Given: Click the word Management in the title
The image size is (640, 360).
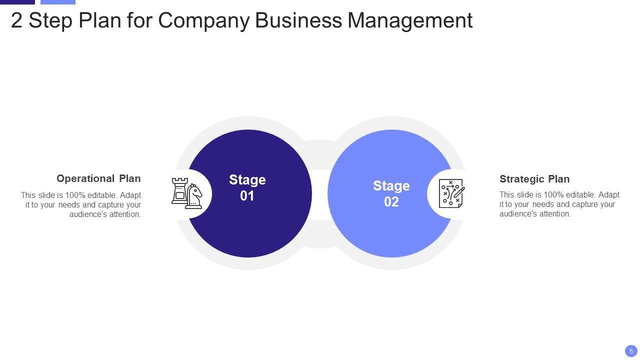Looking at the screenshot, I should click(410, 20).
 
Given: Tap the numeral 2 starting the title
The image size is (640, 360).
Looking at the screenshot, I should click(16, 21).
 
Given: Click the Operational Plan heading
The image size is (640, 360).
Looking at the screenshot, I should click(98, 178).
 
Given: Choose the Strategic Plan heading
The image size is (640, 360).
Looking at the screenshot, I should click(534, 179).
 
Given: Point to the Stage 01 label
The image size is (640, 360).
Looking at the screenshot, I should click(247, 187).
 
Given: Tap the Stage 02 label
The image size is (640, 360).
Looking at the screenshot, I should click(391, 193).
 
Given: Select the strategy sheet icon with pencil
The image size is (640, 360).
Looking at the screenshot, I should click(451, 193).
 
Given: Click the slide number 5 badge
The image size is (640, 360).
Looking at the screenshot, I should click(631, 351).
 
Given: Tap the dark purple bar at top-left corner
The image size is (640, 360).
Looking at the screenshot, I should click(17, 2).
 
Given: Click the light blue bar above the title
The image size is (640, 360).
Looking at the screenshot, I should click(57, 2).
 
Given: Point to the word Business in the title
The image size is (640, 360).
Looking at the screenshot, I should click(298, 20).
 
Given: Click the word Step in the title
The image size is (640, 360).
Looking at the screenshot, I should click(49, 21).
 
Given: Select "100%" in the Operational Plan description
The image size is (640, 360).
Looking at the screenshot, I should click(75, 195).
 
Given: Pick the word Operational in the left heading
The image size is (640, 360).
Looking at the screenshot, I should click(85, 178).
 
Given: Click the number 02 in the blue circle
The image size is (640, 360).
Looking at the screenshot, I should click(391, 202).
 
